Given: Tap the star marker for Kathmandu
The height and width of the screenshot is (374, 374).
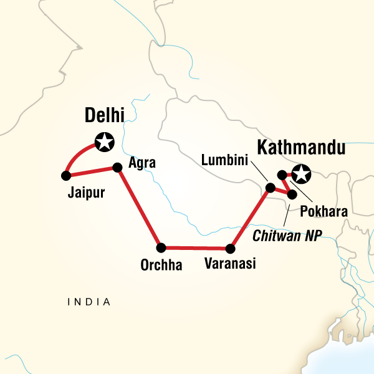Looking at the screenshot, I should (x=302, y=174).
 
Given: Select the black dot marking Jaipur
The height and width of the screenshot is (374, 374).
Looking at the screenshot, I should (x=65, y=175).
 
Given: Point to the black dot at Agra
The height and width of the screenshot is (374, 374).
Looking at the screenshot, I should (x=117, y=167).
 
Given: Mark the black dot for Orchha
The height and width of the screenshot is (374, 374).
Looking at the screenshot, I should (x=161, y=247).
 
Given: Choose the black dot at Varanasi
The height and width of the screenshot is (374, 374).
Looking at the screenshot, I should (x=231, y=248).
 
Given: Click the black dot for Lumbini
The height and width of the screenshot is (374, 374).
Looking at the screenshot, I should (x=270, y=187).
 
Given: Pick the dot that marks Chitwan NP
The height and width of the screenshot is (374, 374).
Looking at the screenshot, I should (x=292, y=195).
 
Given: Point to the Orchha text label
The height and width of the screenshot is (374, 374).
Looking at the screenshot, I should (x=161, y=266).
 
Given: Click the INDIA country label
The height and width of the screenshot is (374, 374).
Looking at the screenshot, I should (x=89, y=302).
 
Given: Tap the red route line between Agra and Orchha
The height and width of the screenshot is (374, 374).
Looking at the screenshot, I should (x=139, y=207).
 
